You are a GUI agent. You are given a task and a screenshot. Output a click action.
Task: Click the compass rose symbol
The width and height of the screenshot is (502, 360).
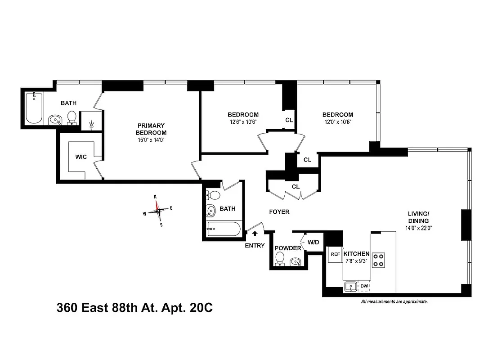pyautogui.click(x=158, y=210)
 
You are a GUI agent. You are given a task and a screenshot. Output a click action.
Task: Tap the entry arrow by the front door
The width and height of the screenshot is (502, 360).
pyautogui.click(x=255, y=234)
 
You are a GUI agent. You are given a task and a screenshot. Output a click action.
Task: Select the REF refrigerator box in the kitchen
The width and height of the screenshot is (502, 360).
pyautogui.click(x=335, y=254)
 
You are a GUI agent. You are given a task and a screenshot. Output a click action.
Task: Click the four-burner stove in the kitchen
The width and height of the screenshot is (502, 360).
pyautogui.click(x=379, y=259)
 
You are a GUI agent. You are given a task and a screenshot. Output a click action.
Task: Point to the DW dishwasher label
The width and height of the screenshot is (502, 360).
pyautogui.click(x=364, y=286)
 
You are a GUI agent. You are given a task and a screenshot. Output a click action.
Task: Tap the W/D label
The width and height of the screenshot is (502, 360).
pyautogui.click(x=313, y=243)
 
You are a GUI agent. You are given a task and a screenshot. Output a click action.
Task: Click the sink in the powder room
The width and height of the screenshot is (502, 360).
pyautogui.click(x=296, y=261)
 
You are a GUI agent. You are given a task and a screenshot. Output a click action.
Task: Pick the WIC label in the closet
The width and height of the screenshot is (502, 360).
pyautogui.click(x=81, y=157)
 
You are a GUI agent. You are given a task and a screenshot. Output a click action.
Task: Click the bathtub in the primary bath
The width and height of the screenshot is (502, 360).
pyautogui.click(x=34, y=108)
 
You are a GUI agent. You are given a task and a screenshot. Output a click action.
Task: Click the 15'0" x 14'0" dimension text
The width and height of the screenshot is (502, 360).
pyautogui.click(x=151, y=140)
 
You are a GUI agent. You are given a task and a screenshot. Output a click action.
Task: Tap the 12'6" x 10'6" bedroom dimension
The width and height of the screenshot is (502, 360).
pyautogui.click(x=242, y=122)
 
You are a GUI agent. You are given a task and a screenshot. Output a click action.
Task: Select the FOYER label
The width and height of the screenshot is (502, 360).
pyautogui.click(x=279, y=211)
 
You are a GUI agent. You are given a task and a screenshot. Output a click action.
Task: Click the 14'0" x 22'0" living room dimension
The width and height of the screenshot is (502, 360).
pyautogui.click(x=419, y=228)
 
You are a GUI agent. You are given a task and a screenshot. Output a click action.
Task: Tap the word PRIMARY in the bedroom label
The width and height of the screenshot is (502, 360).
pyautogui.click(x=151, y=126)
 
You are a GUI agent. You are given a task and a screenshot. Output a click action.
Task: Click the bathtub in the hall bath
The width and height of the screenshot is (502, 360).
pyautogui.click(x=224, y=229)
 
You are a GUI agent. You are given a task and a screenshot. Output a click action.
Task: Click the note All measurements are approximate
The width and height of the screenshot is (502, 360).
pyautogui.click(x=394, y=302)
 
